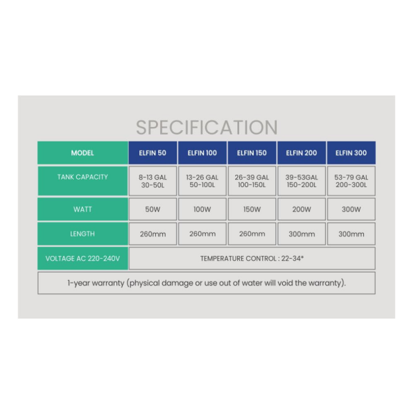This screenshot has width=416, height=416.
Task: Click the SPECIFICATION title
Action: [x=207, y=128]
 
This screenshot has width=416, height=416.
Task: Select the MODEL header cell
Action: [x=83, y=153]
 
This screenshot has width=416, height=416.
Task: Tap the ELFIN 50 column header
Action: [x=153, y=153]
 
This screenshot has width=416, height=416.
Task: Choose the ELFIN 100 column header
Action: [x=202, y=153]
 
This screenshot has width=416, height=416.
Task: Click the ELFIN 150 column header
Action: [x=252, y=153]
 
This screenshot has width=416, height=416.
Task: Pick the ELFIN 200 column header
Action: [x=302, y=153]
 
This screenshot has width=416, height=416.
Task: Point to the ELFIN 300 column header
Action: [x=352, y=153]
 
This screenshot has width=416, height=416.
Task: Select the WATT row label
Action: [x=83, y=209]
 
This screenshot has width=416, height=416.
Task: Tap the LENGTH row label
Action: [x=83, y=234]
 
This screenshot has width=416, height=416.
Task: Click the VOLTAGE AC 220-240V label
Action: [x=83, y=259]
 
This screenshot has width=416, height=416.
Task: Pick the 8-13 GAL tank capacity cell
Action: [x=153, y=181]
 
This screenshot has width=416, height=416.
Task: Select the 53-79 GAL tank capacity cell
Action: [x=352, y=181]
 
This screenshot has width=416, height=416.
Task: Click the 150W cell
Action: [x=252, y=209]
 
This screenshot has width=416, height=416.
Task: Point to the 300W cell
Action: [x=352, y=209]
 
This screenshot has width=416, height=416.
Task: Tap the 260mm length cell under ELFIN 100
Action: [x=202, y=234]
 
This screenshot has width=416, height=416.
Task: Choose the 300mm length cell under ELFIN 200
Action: [x=302, y=234]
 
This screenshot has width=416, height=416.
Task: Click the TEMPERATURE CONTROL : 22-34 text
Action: [x=252, y=259]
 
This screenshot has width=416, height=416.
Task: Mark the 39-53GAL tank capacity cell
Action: [x=302, y=181]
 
